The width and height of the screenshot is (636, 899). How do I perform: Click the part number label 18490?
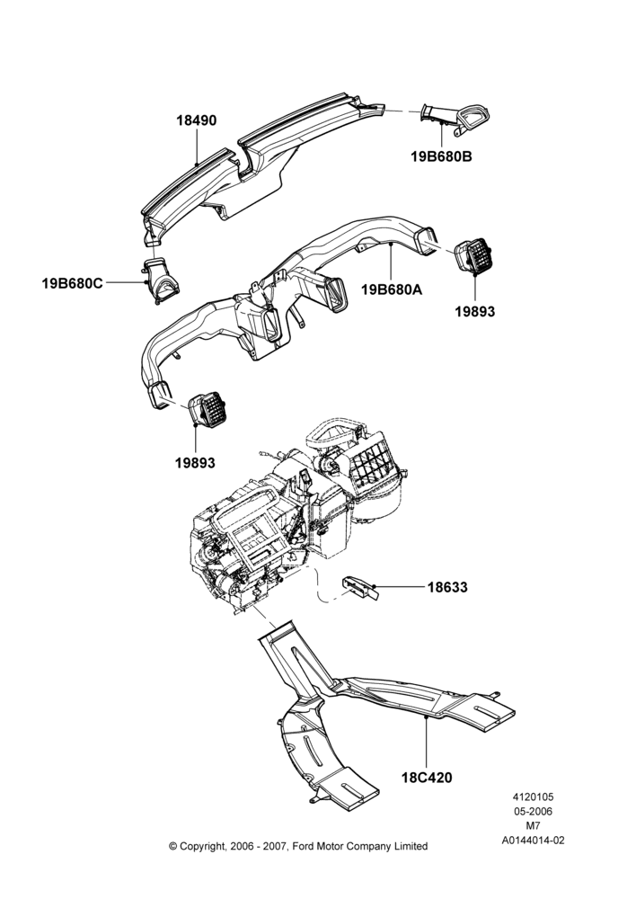tap(196, 121)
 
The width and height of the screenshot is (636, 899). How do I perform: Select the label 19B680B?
tap(441, 156)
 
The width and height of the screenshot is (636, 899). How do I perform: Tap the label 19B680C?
tap(72, 282)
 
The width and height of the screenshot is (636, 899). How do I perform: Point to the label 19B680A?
tap(392, 289)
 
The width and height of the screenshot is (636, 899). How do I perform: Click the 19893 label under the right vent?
tap(475, 311)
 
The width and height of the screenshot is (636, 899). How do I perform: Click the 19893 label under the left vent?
tap(196, 462)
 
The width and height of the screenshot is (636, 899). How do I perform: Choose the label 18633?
tap(447, 587)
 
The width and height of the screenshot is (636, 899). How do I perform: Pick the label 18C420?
tap(427, 778)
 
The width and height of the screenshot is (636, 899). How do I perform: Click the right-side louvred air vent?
tap(473, 255)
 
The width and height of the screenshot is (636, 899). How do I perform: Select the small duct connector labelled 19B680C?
tap(160, 280)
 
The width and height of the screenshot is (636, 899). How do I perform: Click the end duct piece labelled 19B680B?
tap(455, 120)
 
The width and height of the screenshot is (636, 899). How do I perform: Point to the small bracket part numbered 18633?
tap(360, 588)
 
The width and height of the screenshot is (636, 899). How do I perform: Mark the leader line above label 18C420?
tap(427, 742)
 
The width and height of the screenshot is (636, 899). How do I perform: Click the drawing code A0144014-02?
tap(533, 841)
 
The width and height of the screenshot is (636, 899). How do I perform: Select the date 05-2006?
tap(533, 811)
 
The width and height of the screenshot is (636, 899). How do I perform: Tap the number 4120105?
tap(533, 797)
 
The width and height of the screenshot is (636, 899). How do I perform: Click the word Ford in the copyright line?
tap(305, 846)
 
